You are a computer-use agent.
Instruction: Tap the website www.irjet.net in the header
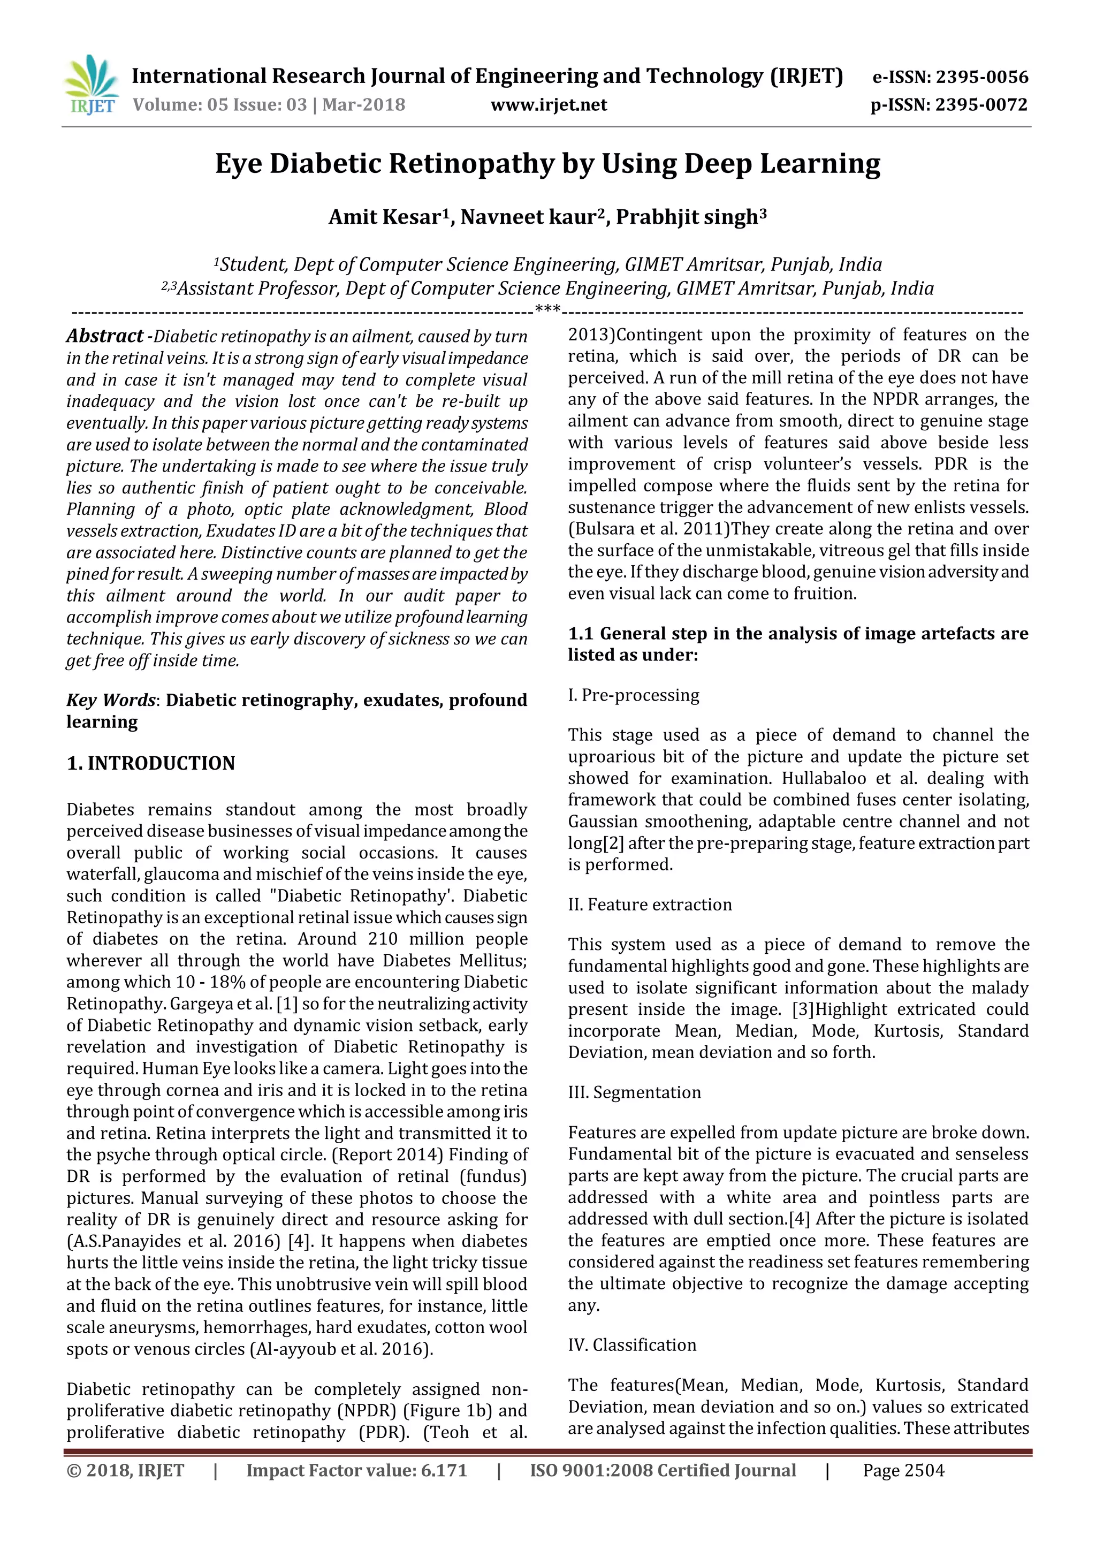click(x=548, y=105)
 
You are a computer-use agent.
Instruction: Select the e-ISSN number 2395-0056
click(x=982, y=77)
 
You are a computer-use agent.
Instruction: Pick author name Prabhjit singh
click(x=687, y=217)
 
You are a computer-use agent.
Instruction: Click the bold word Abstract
click(x=104, y=336)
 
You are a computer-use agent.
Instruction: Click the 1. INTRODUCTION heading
click(x=150, y=763)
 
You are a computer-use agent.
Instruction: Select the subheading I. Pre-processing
click(x=633, y=695)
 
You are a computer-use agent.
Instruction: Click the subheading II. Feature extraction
click(x=649, y=905)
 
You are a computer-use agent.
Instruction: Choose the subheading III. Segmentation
click(x=634, y=1092)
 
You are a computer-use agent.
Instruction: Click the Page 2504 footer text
click(x=903, y=1470)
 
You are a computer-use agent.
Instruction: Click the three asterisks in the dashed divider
click(x=547, y=310)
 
